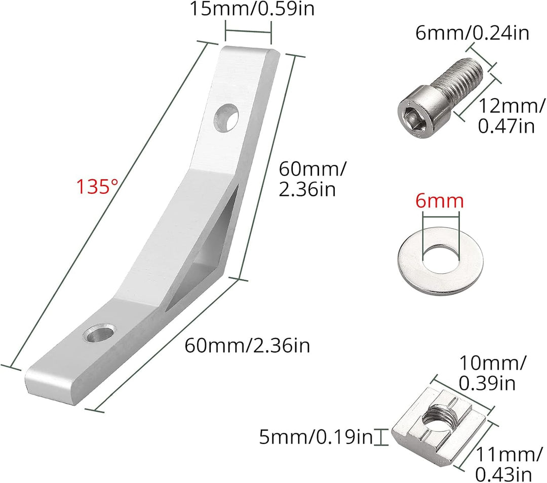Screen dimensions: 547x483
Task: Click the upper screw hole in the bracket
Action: [226, 117]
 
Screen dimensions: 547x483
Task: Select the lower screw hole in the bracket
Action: [99, 332]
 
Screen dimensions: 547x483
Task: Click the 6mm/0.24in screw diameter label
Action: [473, 33]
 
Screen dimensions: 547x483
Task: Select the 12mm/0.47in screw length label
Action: [511, 116]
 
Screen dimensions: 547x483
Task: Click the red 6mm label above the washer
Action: [440, 201]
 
